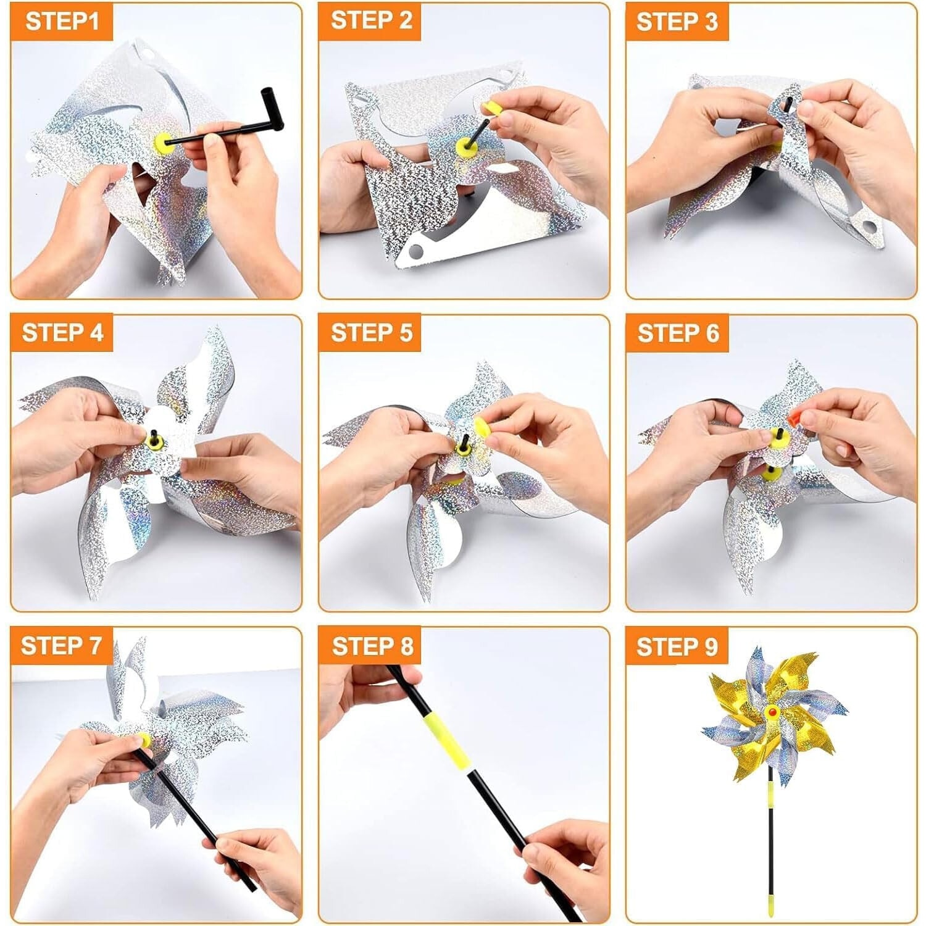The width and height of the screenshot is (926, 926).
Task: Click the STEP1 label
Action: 62,21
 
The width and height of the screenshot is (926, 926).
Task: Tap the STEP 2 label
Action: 371,20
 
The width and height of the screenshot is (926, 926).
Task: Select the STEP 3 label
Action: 677,22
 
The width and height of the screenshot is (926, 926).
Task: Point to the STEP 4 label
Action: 62,332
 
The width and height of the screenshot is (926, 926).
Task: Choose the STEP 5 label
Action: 371,332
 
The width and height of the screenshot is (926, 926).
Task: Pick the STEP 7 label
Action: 60,646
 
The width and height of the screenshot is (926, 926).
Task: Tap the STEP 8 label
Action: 372,646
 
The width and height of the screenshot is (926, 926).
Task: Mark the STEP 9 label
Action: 677,646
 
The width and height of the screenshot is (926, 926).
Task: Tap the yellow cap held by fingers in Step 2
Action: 493,109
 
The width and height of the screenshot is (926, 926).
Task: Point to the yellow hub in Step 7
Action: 143,740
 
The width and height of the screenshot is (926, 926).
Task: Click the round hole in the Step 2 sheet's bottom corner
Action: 416,251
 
